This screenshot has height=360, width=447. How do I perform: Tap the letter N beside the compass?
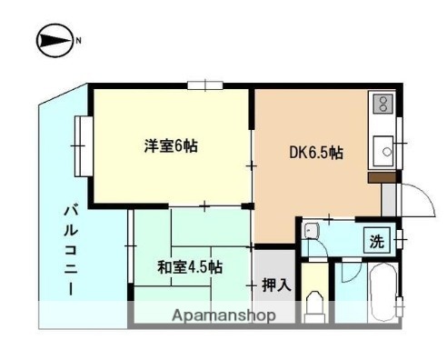(78, 40)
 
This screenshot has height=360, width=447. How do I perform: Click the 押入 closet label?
(275, 285)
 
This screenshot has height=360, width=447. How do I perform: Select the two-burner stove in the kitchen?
(382, 106)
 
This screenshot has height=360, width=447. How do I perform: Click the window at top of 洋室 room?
(205, 86)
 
